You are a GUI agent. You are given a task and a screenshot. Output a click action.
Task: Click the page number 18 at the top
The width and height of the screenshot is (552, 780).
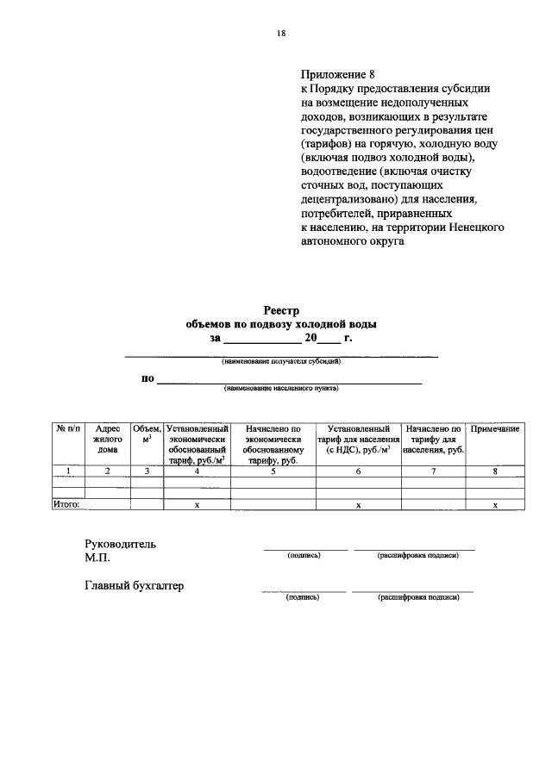[x=280, y=34]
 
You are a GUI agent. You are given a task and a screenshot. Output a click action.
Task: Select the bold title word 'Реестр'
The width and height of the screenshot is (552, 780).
[x=281, y=310]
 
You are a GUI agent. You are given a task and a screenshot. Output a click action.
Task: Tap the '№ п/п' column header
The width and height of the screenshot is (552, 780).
[x=69, y=428]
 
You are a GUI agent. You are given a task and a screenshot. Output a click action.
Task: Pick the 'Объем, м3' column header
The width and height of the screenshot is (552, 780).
[x=147, y=434]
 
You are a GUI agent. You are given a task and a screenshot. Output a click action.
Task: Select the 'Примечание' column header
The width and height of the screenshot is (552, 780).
[x=494, y=428]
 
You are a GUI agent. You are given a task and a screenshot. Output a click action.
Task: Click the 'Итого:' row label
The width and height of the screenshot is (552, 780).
[x=67, y=505]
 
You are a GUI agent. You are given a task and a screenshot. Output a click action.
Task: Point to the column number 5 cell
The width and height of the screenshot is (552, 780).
[x=273, y=471]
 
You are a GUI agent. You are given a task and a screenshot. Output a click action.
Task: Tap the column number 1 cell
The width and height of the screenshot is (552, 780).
[x=69, y=471]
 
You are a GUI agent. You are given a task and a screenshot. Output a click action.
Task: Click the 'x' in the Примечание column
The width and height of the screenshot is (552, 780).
[x=495, y=505]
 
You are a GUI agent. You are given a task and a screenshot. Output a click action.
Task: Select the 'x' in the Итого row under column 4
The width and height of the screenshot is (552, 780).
[x=197, y=505]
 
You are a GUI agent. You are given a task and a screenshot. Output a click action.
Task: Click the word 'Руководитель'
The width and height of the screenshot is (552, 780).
[x=120, y=544]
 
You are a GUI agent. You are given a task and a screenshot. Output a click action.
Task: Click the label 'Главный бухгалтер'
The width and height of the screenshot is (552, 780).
[x=134, y=586]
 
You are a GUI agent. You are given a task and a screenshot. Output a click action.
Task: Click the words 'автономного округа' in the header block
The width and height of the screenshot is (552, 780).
[x=352, y=241]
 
